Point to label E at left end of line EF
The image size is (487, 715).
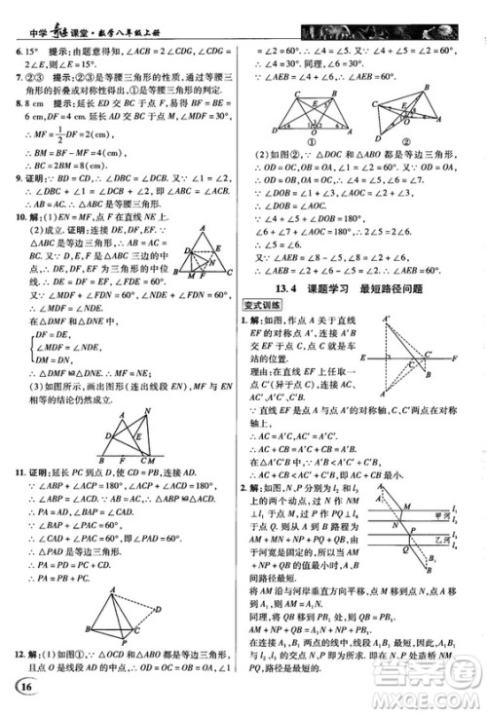361,358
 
